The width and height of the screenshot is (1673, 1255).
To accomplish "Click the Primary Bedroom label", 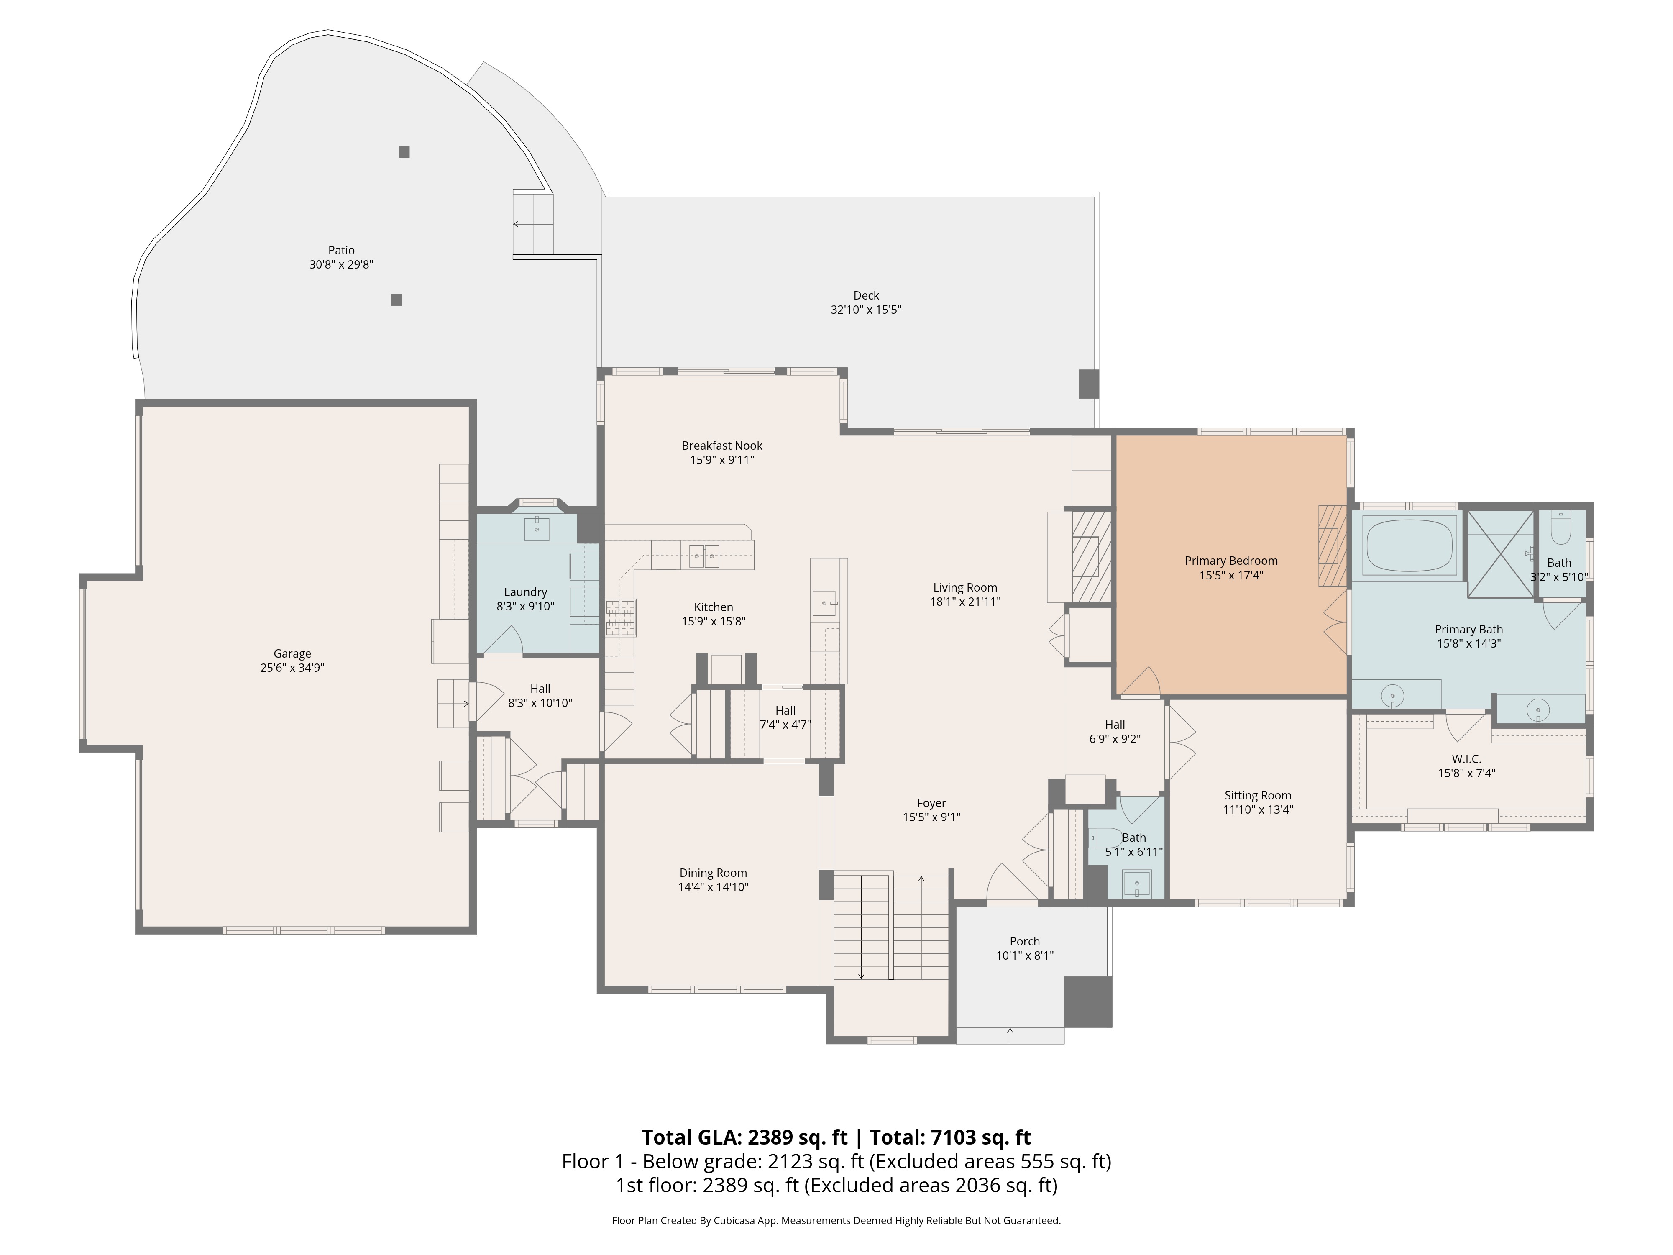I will [1230, 561].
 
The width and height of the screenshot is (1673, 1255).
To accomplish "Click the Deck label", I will [866, 295].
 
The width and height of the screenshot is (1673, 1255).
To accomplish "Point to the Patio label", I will [341, 250].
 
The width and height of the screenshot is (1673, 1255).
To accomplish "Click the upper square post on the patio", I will [404, 152].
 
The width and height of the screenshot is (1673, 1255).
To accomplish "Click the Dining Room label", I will [712, 872].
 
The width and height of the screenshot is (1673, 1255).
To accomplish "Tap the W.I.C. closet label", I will [1466, 759].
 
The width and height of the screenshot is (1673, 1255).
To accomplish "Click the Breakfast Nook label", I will [721, 446].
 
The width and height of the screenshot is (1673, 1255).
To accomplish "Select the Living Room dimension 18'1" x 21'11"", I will [964, 602].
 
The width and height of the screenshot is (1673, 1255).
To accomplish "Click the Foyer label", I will [931, 803].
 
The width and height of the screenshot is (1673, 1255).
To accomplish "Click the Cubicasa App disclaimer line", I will [836, 1220].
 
